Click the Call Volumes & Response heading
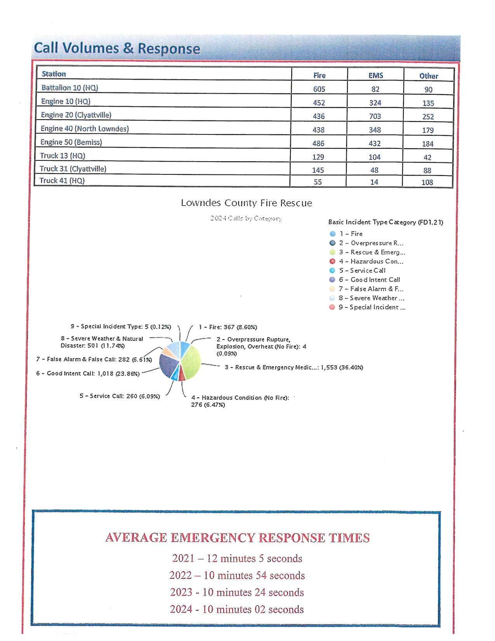click(117, 48)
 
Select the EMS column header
click(375, 75)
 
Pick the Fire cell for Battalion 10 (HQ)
click(319, 89)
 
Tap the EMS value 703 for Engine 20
click(375, 116)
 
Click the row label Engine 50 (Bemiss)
click(71, 142)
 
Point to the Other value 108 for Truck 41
click(427, 182)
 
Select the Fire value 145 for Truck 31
click(318, 170)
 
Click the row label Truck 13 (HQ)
click(63, 156)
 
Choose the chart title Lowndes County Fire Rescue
click(246, 203)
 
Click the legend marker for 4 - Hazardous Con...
click(332, 261)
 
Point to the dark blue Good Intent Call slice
click(167, 366)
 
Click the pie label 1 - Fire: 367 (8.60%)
click(228, 327)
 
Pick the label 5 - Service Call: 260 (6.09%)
click(120, 396)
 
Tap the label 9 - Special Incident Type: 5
click(120, 326)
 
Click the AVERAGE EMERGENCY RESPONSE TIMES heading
click(237, 538)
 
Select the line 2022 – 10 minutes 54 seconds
click(237, 575)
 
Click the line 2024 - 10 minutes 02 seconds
click(237, 609)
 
